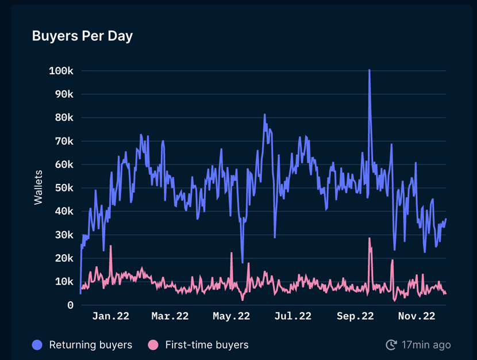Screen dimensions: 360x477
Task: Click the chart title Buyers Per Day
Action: point(82,36)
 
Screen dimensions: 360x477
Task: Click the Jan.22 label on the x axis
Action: point(111,316)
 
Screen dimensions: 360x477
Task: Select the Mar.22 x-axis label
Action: point(170,316)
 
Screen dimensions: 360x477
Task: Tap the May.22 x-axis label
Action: point(231,316)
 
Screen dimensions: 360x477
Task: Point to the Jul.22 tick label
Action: point(293,316)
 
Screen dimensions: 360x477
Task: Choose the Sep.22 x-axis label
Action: point(355,316)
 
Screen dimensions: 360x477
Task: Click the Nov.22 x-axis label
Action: point(417,316)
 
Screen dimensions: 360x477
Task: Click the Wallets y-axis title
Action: point(39,187)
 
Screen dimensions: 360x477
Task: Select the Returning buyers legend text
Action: point(91,345)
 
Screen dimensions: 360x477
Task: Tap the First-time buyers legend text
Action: point(207,345)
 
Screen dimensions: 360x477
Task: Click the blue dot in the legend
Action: point(38,345)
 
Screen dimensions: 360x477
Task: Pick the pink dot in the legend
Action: point(153,345)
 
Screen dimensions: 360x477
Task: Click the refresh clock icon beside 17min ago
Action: point(391,345)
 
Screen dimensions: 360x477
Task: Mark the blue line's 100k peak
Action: point(369,70)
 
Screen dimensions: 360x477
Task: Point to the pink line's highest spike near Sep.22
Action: point(370,238)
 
